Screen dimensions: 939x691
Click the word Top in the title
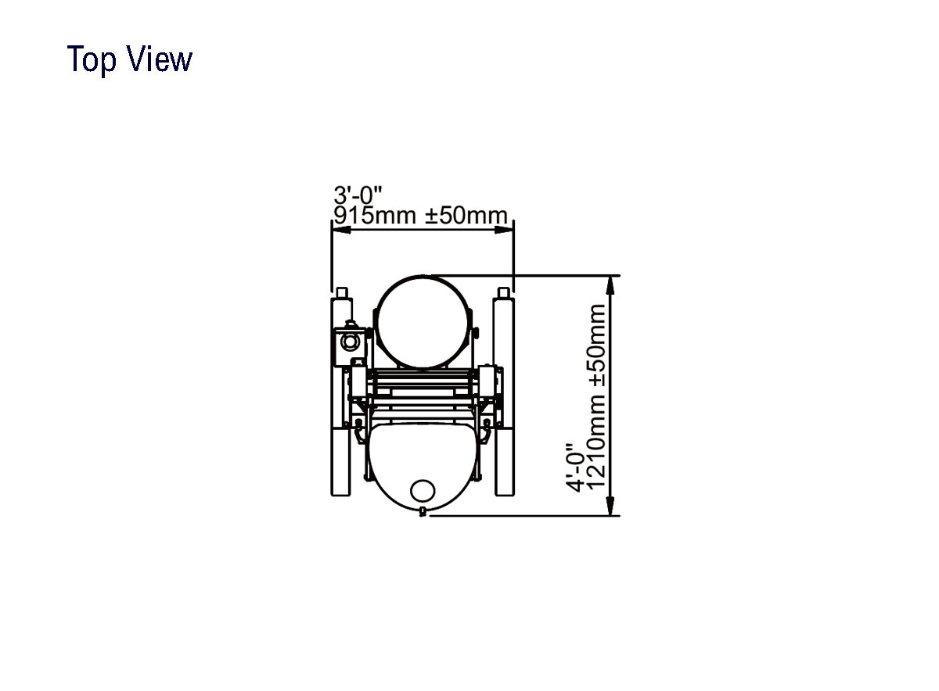pos(92,59)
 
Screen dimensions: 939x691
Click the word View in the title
pos(160,59)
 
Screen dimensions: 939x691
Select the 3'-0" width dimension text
pos(358,195)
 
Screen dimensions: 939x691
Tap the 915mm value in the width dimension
pos(375,215)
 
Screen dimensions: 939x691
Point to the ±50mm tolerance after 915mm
pos(466,215)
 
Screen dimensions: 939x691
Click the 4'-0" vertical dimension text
pos(574,467)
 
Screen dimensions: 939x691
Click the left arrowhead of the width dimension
pos(341,230)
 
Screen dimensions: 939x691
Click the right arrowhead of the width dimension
pos(504,230)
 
